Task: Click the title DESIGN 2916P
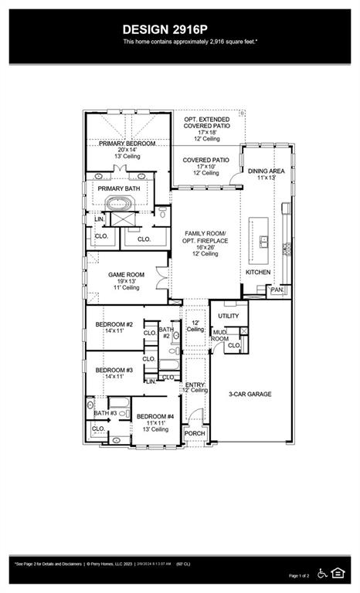point(179,29)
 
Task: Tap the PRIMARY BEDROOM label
point(127,144)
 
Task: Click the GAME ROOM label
point(126,275)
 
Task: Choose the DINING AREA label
point(267,171)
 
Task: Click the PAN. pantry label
point(276,290)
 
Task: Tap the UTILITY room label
point(229,316)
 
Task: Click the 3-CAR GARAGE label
point(250,394)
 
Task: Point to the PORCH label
point(195,434)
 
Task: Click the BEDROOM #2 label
point(114,324)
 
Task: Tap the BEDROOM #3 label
point(114,371)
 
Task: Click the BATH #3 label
point(100,402)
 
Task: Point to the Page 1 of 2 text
point(298,576)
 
